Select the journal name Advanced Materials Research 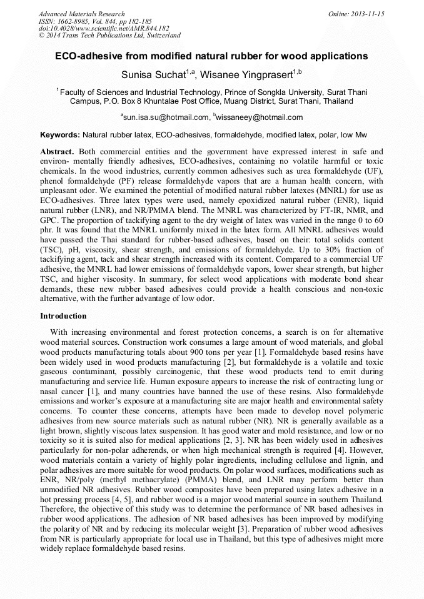(x=81, y=14)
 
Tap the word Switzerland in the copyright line (x=159, y=36)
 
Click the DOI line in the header (x=104, y=29)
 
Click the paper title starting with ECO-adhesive (x=211, y=56)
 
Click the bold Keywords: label (x=60, y=135)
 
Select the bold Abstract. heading (x=58, y=152)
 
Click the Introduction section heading (x=63, y=316)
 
